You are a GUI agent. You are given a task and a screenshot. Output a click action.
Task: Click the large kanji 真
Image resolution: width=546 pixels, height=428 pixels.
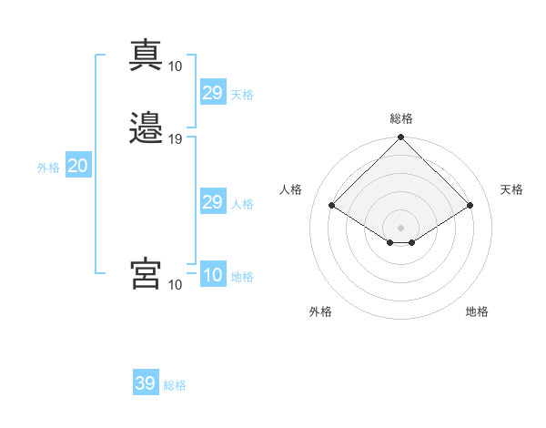(146, 55)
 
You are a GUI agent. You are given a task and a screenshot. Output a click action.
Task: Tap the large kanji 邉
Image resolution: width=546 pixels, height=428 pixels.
(146, 127)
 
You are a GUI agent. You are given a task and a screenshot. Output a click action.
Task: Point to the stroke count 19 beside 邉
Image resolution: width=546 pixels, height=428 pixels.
(175, 139)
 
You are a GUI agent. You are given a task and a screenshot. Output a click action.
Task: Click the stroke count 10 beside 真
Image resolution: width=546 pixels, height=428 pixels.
(175, 66)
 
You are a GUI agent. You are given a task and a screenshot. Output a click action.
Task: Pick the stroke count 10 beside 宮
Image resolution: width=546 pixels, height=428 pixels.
(175, 285)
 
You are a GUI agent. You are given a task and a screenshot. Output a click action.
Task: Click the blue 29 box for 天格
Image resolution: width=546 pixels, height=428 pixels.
(213, 92)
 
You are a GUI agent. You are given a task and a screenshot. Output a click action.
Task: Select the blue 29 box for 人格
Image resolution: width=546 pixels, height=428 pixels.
(213, 200)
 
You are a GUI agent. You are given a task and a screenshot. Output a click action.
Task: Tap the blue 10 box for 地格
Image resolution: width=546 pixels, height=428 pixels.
(213, 273)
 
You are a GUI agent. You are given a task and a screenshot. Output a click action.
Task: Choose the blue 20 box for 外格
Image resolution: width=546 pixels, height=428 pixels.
(78, 165)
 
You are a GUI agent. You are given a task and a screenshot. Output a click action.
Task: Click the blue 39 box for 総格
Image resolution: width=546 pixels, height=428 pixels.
(146, 382)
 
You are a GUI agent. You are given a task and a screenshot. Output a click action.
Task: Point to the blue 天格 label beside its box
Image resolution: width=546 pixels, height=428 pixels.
(242, 95)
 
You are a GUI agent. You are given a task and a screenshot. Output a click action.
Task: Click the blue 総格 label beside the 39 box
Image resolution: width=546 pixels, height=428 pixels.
(175, 385)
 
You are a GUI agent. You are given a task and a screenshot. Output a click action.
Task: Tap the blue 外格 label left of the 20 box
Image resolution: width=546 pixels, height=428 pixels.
(48, 168)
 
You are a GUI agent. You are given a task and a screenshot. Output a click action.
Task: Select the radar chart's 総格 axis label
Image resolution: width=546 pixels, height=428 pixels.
(401, 118)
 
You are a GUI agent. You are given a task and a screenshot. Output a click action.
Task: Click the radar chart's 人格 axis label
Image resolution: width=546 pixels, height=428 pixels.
(290, 189)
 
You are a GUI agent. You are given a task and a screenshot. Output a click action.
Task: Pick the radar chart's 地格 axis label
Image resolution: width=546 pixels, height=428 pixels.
(477, 311)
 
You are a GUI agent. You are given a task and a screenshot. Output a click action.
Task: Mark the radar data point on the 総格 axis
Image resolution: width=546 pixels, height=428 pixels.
(400, 137)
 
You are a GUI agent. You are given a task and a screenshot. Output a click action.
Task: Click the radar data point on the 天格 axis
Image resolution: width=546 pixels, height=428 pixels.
(470, 205)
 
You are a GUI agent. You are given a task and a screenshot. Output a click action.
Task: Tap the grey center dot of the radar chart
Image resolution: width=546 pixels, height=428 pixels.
(400, 228)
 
